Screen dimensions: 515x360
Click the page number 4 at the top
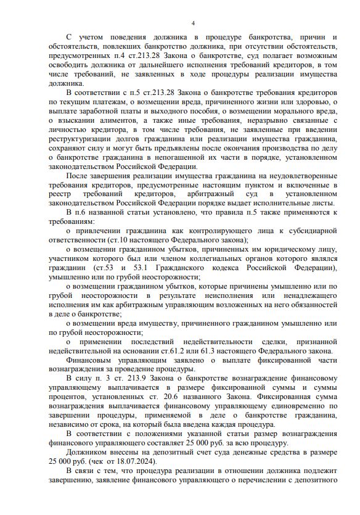coord(193,23)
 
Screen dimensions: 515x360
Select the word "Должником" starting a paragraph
coord(86,451)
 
